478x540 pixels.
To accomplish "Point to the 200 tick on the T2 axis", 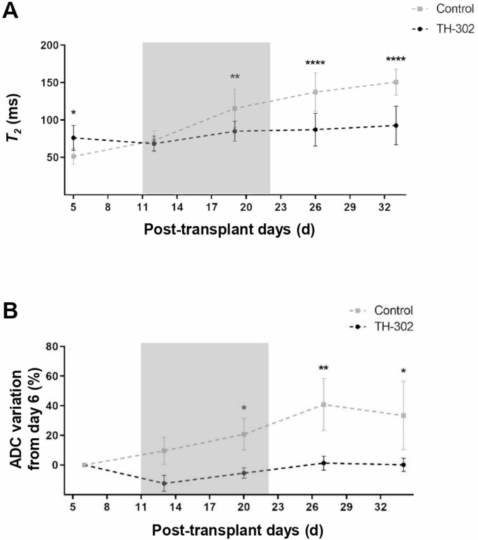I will point(47,45).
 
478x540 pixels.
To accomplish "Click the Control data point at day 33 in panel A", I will point(396,82).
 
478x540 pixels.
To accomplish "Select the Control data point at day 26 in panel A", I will point(315,92).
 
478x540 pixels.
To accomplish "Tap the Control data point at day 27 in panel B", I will point(324,405).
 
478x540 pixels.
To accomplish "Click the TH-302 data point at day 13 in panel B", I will point(165,483).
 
